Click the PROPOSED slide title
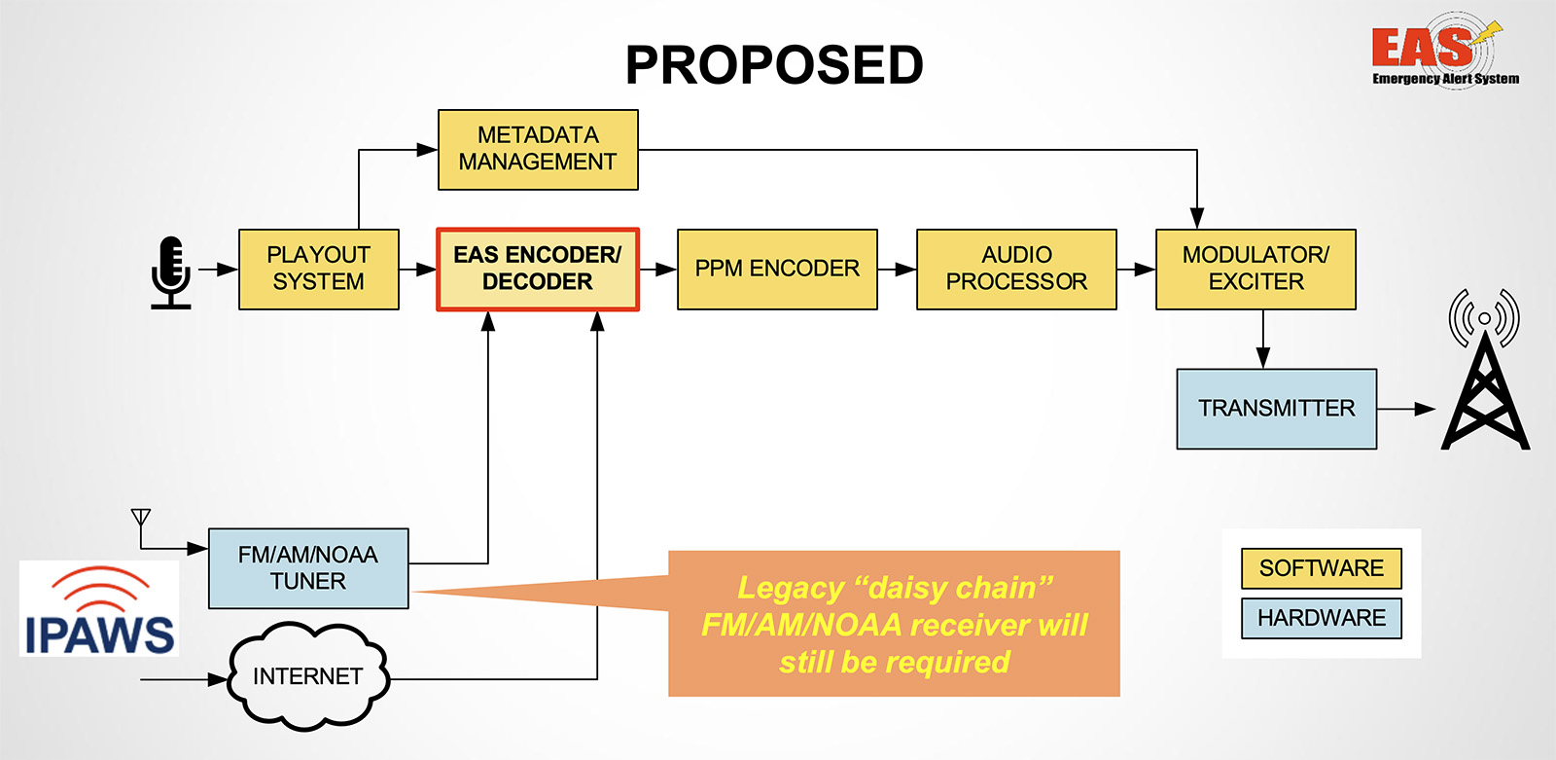pyautogui.click(x=774, y=65)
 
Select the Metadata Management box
pyautogui.click(x=538, y=149)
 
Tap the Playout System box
pyautogui.click(x=318, y=269)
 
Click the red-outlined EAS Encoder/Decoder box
pyautogui.click(x=538, y=270)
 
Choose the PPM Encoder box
pyautogui.click(x=777, y=270)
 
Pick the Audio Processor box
pyautogui.click(x=1016, y=270)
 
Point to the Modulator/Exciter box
pyautogui.click(x=1255, y=270)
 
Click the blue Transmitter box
pyautogui.click(x=1276, y=409)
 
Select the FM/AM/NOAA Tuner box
pyautogui.click(x=308, y=568)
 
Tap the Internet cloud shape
pyautogui.click(x=307, y=676)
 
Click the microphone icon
pyautogui.click(x=171, y=272)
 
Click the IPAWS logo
pyautogui.click(x=99, y=609)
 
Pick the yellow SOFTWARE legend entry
pyautogui.click(x=1321, y=568)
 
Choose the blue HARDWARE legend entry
pyautogui.click(x=1321, y=618)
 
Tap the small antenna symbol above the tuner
pyautogui.click(x=141, y=518)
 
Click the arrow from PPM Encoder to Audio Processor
pyautogui.click(x=897, y=270)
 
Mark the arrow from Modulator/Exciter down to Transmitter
pyautogui.click(x=1262, y=340)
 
